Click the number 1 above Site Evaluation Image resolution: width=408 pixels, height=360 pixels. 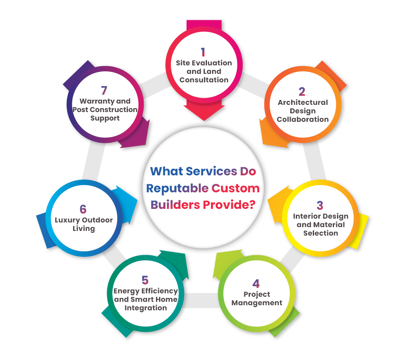(x=203, y=52)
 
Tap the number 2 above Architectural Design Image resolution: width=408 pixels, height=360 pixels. (x=302, y=91)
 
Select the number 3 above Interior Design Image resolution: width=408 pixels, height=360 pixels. (x=320, y=205)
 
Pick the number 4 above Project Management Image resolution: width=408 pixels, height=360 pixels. (x=256, y=284)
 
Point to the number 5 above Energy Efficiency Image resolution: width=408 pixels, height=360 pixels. (x=145, y=280)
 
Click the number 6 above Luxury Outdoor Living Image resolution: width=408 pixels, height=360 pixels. (x=83, y=209)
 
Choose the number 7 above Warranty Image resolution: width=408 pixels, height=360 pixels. (x=104, y=90)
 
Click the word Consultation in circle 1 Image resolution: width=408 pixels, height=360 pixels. (x=204, y=80)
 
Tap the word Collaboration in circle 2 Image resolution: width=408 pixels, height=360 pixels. (x=303, y=119)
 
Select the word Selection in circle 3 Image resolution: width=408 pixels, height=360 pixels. (x=320, y=233)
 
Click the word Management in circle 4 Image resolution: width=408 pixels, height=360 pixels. (x=257, y=303)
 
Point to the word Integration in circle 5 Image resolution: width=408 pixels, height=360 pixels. (x=145, y=308)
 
